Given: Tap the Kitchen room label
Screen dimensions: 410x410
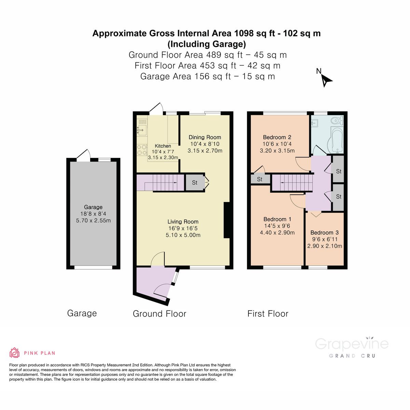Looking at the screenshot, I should click(x=163, y=146).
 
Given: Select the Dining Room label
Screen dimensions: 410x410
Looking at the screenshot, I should click(x=205, y=137).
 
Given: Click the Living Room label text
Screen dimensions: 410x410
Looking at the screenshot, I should click(x=183, y=222).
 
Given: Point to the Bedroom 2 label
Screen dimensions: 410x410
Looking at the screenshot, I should click(x=277, y=137).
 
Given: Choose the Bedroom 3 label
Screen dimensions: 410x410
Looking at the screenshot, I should click(x=325, y=233).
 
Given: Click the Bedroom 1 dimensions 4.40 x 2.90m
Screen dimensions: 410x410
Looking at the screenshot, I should click(x=277, y=233).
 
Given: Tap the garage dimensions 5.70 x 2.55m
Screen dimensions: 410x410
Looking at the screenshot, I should click(x=93, y=221).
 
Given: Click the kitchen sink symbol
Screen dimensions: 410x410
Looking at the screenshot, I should click(x=142, y=129).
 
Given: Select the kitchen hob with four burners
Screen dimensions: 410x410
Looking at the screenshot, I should click(x=142, y=150).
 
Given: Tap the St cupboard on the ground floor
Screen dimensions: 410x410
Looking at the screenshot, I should click(x=194, y=183).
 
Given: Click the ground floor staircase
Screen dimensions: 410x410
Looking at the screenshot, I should click(x=161, y=182).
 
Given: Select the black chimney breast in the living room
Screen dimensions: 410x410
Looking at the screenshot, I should click(x=227, y=220).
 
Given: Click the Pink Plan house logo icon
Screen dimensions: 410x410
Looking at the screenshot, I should click(x=14, y=353).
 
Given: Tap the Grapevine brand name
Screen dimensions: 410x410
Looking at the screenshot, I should click(x=352, y=344).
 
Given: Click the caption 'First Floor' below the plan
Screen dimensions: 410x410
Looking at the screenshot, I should click(x=268, y=314).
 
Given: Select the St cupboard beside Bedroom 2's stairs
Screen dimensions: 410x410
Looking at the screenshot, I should click(x=260, y=179).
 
